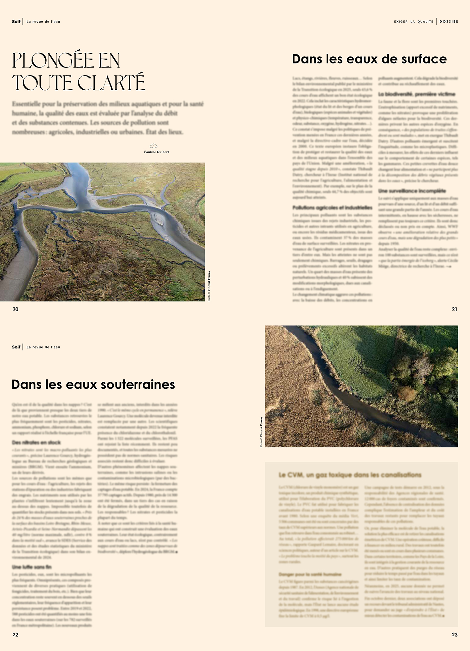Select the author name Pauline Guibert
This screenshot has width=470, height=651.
pos(156,152)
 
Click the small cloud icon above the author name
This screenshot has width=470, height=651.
pos(153,146)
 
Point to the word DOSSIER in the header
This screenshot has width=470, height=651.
pos(449,21)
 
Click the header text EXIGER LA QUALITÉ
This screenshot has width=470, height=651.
pos(414,21)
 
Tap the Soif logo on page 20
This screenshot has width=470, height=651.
pos(16,21)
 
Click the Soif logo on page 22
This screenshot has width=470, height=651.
pos(16,347)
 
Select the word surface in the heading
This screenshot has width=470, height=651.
pos(424,59)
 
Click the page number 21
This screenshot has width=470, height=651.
pos(454,309)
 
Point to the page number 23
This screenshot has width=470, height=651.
pos(455,635)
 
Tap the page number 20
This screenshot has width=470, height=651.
pos(15,309)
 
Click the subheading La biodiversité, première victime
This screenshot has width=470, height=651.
pos(417,94)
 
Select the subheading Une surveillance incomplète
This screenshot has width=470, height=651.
pos(412,191)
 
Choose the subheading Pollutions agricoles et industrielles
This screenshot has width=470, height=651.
pos(332,207)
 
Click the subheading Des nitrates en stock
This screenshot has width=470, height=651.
pos(36,443)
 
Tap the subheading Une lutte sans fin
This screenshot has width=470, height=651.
pos(32,567)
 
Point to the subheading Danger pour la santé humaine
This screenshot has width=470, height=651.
pos(310,574)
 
